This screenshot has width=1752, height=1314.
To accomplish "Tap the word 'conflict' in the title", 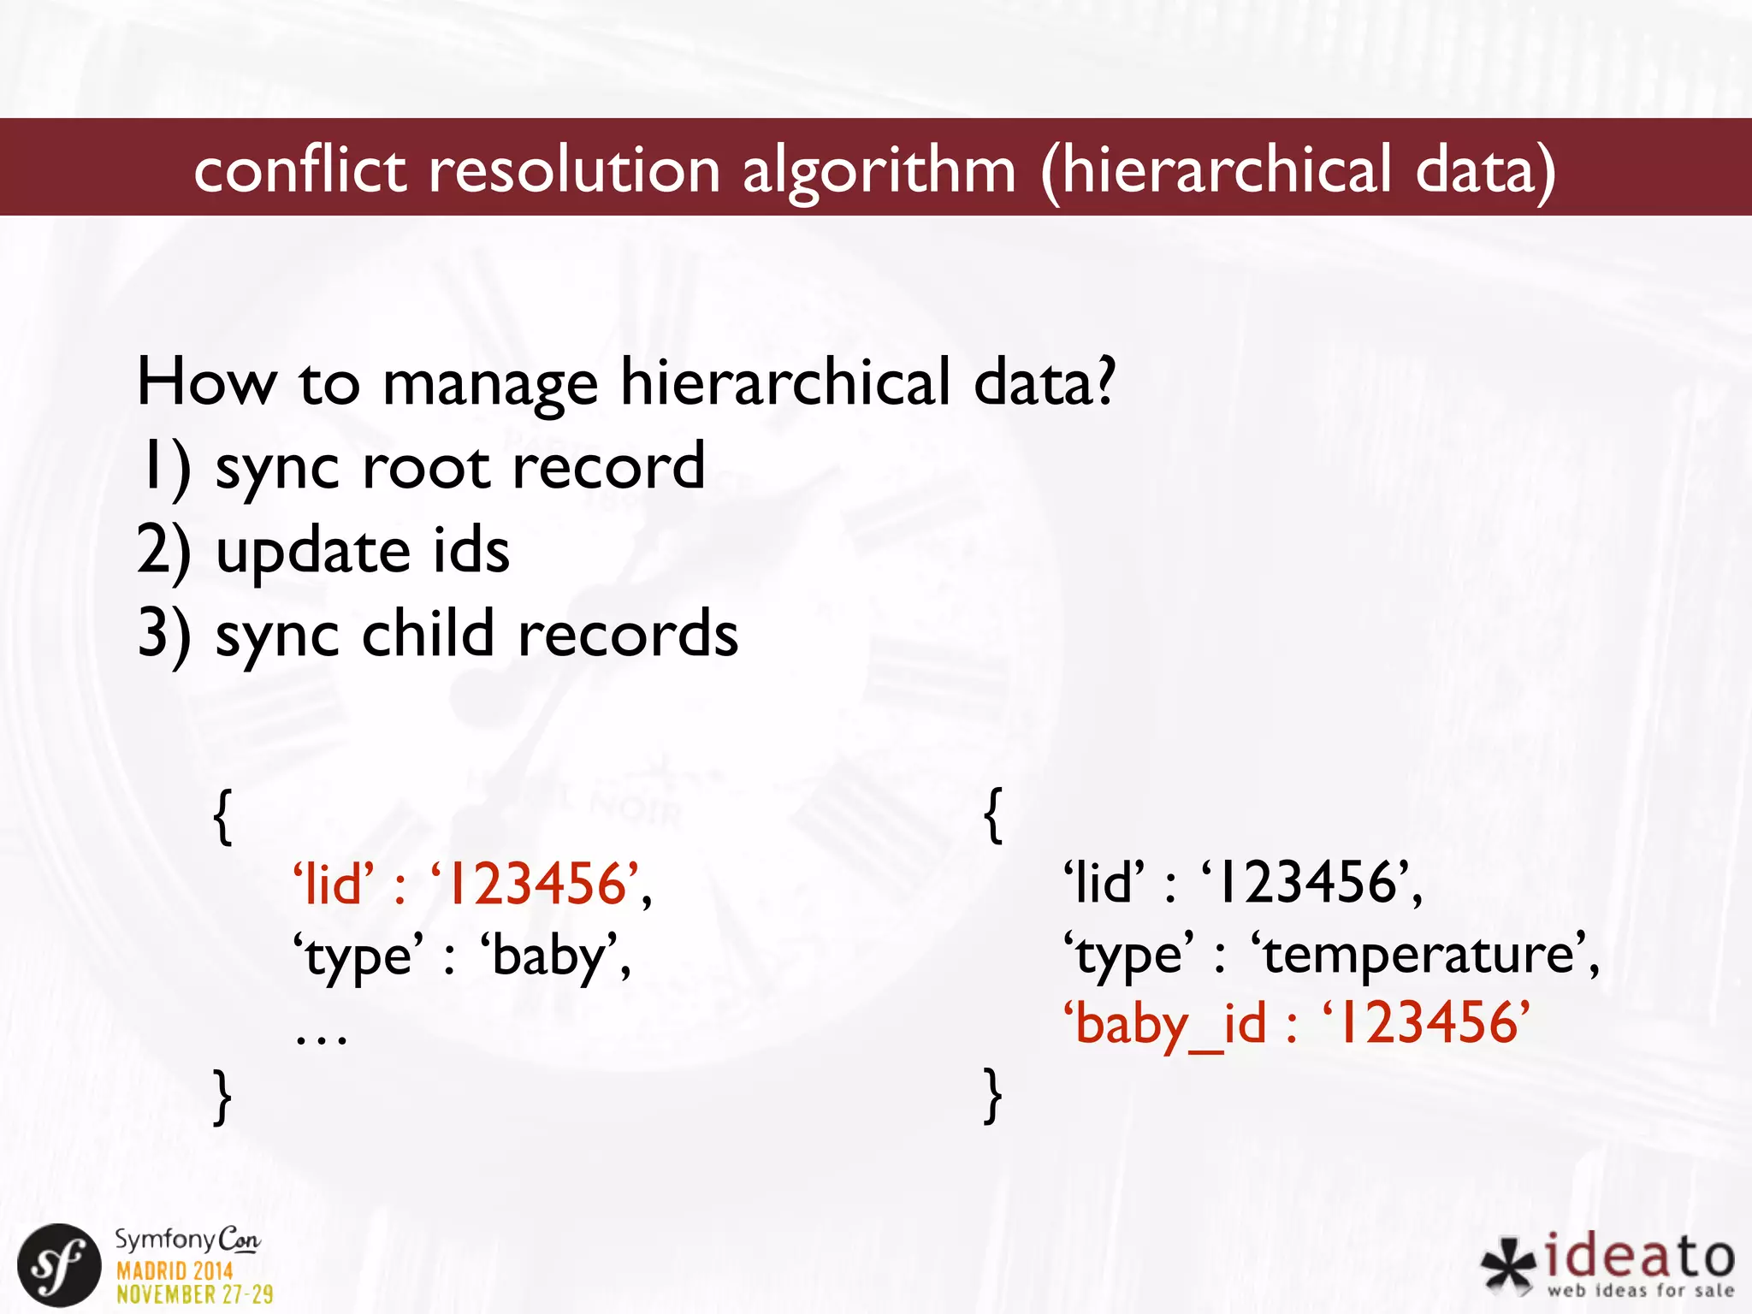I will click(x=299, y=169).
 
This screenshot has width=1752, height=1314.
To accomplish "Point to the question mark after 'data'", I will click(x=1106, y=382).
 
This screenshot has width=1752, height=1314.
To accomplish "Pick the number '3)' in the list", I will click(x=164, y=635).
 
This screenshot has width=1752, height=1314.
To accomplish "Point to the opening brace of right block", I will click(x=993, y=816).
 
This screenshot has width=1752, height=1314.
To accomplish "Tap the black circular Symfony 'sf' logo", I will click(x=59, y=1265).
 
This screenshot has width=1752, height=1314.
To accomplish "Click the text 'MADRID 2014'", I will click(x=175, y=1271).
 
